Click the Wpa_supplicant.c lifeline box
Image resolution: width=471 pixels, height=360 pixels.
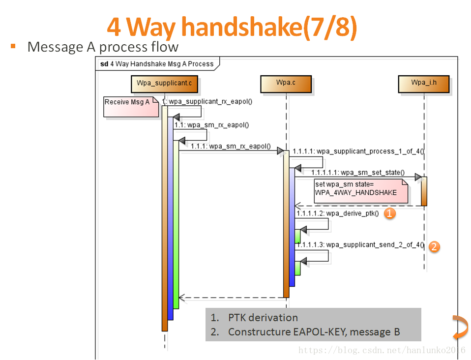pyautogui.click(x=164, y=83)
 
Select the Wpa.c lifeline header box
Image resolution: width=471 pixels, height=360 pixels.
pyautogui.click(x=286, y=83)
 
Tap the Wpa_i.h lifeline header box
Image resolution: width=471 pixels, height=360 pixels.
pyautogui.click(x=424, y=83)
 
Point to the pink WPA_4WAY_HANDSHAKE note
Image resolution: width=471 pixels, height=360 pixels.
pyautogui.click(x=361, y=190)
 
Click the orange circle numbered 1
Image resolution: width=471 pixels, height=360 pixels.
pyautogui.click(x=389, y=213)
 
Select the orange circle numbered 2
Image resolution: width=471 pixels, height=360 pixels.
pyautogui.click(x=434, y=246)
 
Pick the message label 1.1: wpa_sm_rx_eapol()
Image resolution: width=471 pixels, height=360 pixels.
pyautogui.click(x=211, y=125)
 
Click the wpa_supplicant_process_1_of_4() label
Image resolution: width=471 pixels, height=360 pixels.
pyautogui.click(x=358, y=151)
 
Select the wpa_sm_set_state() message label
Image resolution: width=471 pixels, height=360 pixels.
pyautogui.click(x=357, y=173)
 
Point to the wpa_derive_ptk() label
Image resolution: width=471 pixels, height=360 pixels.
pyautogui.click(x=337, y=213)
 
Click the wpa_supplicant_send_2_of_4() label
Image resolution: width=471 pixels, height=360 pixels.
pyautogui.click(x=360, y=244)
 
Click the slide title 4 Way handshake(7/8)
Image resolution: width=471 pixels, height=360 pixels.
pyautogui.click(x=232, y=27)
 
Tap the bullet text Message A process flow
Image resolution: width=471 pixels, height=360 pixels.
pyautogui.click(x=103, y=47)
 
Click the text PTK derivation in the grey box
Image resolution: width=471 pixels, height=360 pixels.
pyautogui.click(x=263, y=318)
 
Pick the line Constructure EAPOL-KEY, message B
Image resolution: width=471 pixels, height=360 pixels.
pyautogui.click(x=314, y=332)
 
